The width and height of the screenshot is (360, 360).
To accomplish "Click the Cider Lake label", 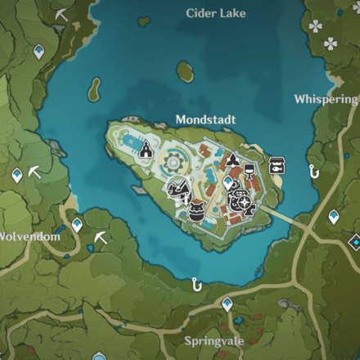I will [216, 13].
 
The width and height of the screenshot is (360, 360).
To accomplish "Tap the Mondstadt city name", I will [205, 119].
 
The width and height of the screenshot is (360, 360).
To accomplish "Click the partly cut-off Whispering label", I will [326, 99].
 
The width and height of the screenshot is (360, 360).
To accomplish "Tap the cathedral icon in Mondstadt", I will [146, 150].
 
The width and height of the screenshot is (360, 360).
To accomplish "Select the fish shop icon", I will [277, 164].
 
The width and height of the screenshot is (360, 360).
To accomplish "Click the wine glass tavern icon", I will [250, 170].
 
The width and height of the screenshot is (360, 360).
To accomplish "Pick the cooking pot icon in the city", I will [196, 211].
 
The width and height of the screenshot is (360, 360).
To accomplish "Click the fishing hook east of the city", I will [313, 171].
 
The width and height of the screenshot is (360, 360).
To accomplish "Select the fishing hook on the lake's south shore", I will [196, 284].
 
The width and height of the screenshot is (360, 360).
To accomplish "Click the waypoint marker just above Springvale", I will [227, 304].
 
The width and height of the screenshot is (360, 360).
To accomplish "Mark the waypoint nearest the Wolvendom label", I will [77, 223].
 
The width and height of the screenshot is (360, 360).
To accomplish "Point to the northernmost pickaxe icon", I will [61, 14].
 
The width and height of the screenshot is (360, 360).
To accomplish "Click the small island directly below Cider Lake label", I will [186, 72].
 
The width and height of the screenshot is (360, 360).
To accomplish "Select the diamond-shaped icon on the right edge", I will [354, 242].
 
